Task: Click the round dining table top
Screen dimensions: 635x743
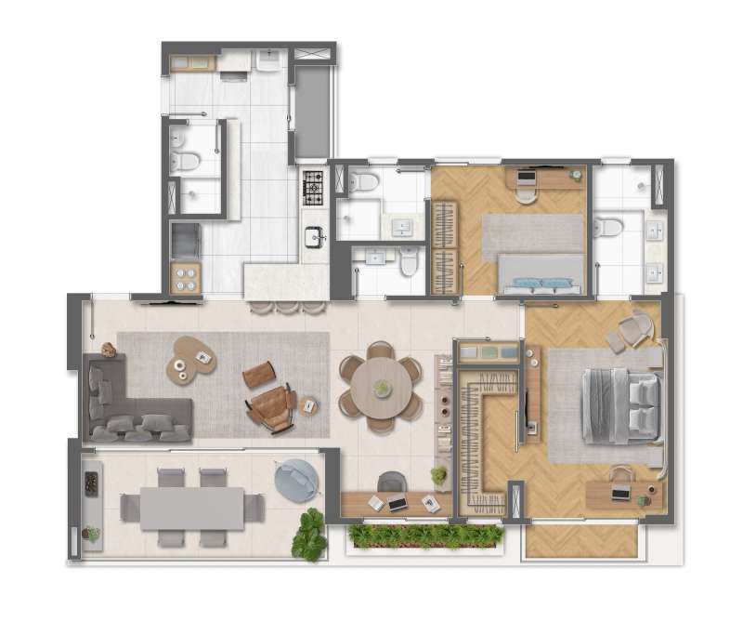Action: click(x=382, y=387)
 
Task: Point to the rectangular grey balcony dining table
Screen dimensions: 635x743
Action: click(x=192, y=508)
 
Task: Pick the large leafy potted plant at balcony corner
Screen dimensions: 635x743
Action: click(x=309, y=536)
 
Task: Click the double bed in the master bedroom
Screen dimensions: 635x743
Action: click(x=620, y=405)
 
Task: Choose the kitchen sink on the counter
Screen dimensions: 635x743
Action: click(x=314, y=234)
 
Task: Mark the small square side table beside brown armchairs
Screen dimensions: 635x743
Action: click(x=308, y=405)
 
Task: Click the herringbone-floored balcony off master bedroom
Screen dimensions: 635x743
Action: click(x=581, y=541)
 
